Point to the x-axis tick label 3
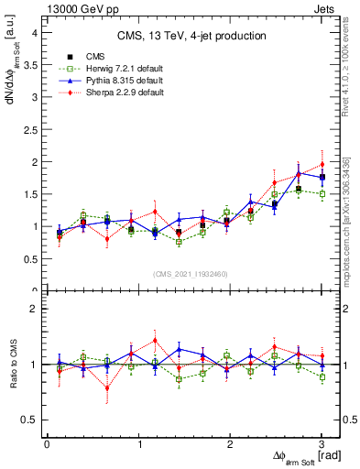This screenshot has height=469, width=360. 322,444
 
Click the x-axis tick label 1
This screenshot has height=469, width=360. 138,444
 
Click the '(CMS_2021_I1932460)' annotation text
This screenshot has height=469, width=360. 191,272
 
